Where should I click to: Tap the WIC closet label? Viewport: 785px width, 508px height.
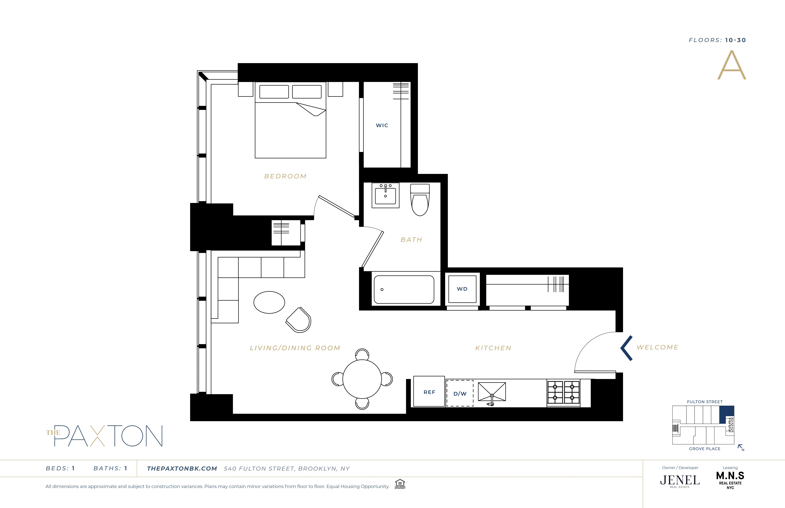382,125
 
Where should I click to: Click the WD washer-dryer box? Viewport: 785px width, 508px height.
462,289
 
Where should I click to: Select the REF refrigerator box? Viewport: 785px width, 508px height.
429,392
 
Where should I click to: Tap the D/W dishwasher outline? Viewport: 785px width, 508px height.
460,393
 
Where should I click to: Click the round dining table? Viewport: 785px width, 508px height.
362,379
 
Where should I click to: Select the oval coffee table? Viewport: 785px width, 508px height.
269,302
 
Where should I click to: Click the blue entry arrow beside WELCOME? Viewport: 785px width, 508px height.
626,348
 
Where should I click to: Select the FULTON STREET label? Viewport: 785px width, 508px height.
704,402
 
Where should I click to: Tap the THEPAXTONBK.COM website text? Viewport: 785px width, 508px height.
182,468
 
